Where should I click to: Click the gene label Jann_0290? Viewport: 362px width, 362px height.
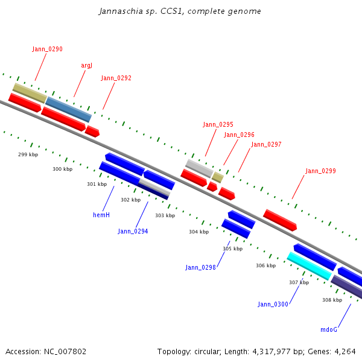pyautogui.click(x=47, y=49)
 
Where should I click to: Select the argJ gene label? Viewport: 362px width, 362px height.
pyautogui.click(x=86, y=66)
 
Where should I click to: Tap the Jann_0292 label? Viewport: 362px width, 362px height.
pyautogui.click(x=116, y=78)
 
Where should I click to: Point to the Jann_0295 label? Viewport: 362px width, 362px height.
pyautogui.click(x=218, y=125)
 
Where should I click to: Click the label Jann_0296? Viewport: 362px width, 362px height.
pyautogui.click(x=239, y=135)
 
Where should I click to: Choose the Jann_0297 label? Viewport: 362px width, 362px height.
pyautogui.click(x=266, y=145)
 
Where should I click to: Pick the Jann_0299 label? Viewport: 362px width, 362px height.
pyautogui.click(x=321, y=171)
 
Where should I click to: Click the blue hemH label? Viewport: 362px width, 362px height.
pyautogui.click(x=101, y=215)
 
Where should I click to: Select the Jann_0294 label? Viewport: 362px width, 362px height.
pyautogui.click(x=133, y=231)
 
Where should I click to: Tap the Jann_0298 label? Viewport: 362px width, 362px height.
pyautogui.click(x=200, y=267)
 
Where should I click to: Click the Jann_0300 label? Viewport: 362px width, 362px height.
pyautogui.click(x=273, y=304)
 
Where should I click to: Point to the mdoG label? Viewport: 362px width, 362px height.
pyautogui.click(x=329, y=329)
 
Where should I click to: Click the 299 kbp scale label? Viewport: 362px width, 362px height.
pyautogui.click(x=28, y=154)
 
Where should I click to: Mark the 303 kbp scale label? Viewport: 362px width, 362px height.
pyautogui.click(x=165, y=215)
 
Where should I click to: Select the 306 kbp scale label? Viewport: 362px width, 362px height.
pyautogui.click(x=265, y=265)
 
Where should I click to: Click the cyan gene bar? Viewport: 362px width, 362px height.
pyautogui.click(x=310, y=266)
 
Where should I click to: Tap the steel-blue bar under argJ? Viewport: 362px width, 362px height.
pyautogui.click(x=68, y=109)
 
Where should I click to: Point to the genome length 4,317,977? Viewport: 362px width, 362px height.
pyautogui.click(x=271, y=352)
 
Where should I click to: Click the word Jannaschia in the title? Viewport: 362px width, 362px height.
pyautogui.click(x=121, y=11)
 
